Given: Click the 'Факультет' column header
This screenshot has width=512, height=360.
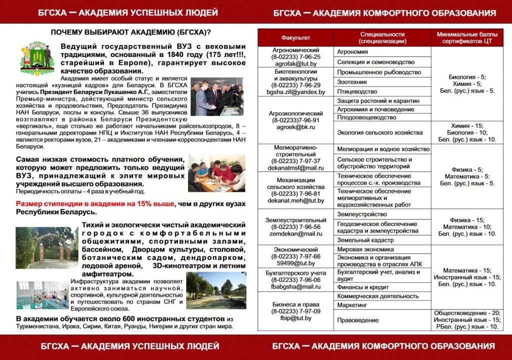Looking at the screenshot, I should pos(295,37).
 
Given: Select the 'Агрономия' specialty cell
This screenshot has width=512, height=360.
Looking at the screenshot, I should pos(352,51).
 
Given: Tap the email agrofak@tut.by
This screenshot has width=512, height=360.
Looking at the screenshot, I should pos(295,64).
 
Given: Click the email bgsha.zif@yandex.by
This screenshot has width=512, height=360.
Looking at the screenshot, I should pos(295,92).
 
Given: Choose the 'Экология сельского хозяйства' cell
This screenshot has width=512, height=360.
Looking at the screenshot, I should pos(380,132).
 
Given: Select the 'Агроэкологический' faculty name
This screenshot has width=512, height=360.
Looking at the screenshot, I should pos(295,113).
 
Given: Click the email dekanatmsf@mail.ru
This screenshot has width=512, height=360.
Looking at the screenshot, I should pos(295,168).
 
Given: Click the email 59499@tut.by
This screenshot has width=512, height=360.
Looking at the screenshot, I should pos(295,263).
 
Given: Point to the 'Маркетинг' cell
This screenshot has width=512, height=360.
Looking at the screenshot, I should pos(352,304).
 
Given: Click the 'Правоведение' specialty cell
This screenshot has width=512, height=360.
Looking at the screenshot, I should pos(358,320).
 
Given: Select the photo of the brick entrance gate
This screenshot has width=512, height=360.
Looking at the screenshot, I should pos(45,247).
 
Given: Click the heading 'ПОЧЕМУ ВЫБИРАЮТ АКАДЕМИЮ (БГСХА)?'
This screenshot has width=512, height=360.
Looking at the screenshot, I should pos(131,32).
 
